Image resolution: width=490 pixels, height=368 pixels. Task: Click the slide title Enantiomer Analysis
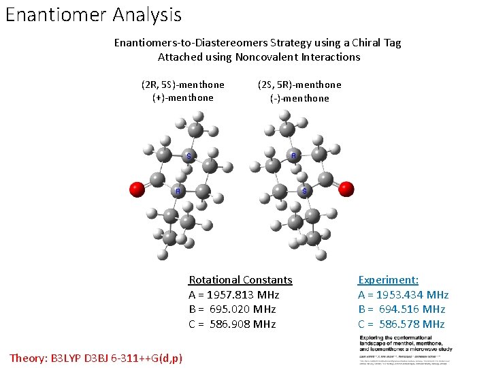(x=93, y=14)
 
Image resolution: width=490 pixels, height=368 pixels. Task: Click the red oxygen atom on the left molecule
(x=137, y=189)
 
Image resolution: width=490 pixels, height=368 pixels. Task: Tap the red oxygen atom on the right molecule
(x=346, y=189)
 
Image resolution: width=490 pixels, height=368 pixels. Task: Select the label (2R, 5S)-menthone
(x=182, y=85)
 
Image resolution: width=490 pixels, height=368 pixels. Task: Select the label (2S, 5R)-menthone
(x=299, y=85)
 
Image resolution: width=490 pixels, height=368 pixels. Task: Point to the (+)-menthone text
(x=182, y=98)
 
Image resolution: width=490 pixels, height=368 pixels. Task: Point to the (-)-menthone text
(x=299, y=99)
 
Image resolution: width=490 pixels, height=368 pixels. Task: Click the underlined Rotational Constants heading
(x=240, y=280)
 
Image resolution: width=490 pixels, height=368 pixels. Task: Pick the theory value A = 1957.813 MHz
(x=233, y=295)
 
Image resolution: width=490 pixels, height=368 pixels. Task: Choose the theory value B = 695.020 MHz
(x=232, y=309)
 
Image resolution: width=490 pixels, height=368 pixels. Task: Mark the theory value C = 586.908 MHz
(x=232, y=324)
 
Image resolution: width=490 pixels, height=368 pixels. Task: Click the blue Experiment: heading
(x=388, y=280)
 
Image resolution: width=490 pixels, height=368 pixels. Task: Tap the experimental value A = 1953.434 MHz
(x=403, y=295)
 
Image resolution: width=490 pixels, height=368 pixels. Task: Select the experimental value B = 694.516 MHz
(x=402, y=309)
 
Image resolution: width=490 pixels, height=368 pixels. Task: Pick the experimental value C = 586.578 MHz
(x=402, y=324)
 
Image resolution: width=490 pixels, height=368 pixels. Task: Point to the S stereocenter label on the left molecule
(x=189, y=157)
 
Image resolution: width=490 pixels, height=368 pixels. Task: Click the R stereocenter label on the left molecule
(x=178, y=191)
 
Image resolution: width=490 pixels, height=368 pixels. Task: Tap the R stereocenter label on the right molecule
(x=293, y=156)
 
